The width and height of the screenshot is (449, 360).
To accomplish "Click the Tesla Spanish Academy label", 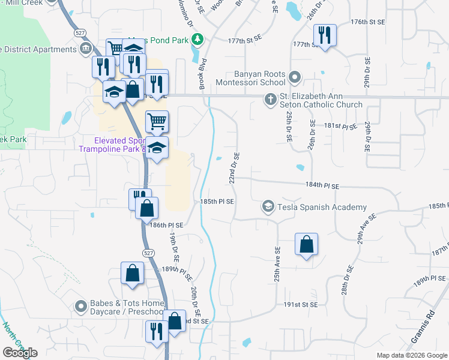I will (x=322, y=208).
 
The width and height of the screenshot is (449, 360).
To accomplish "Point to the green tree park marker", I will (x=197, y=40).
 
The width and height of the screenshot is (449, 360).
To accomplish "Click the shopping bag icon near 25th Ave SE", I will (x=306, y=244).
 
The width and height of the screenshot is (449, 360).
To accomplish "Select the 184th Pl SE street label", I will (x=322, y=187).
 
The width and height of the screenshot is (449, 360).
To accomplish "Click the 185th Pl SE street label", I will (x=217, y=202).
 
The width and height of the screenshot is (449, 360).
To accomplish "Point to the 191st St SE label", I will (x=301, y=304).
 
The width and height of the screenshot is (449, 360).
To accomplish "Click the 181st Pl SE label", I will (x=341, y=127).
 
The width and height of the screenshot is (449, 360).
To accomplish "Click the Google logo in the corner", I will (x=20, y=353).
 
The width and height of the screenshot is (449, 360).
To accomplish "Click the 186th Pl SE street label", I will (x=166, y=224).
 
